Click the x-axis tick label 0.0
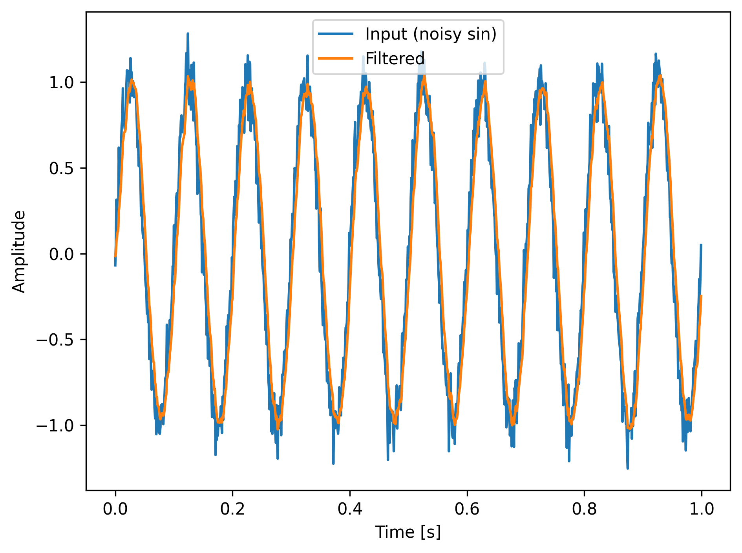coord(115,509)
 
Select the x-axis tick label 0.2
coord(232,509)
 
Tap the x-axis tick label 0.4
coord(349,509)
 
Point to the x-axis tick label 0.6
coord(467,509)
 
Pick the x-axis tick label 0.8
coord(584,509)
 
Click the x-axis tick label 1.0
coord(701,509)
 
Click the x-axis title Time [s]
coord(408,532)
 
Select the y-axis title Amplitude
coord(19,251)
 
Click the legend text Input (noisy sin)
coord(431,34)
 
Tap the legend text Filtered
coord(395,59)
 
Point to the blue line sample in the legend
coord(336,34)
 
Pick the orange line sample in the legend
coord(336,58)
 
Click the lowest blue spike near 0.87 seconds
coord(627,467)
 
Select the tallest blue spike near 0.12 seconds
coord(188,35)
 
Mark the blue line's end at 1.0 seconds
coord(701,245)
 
